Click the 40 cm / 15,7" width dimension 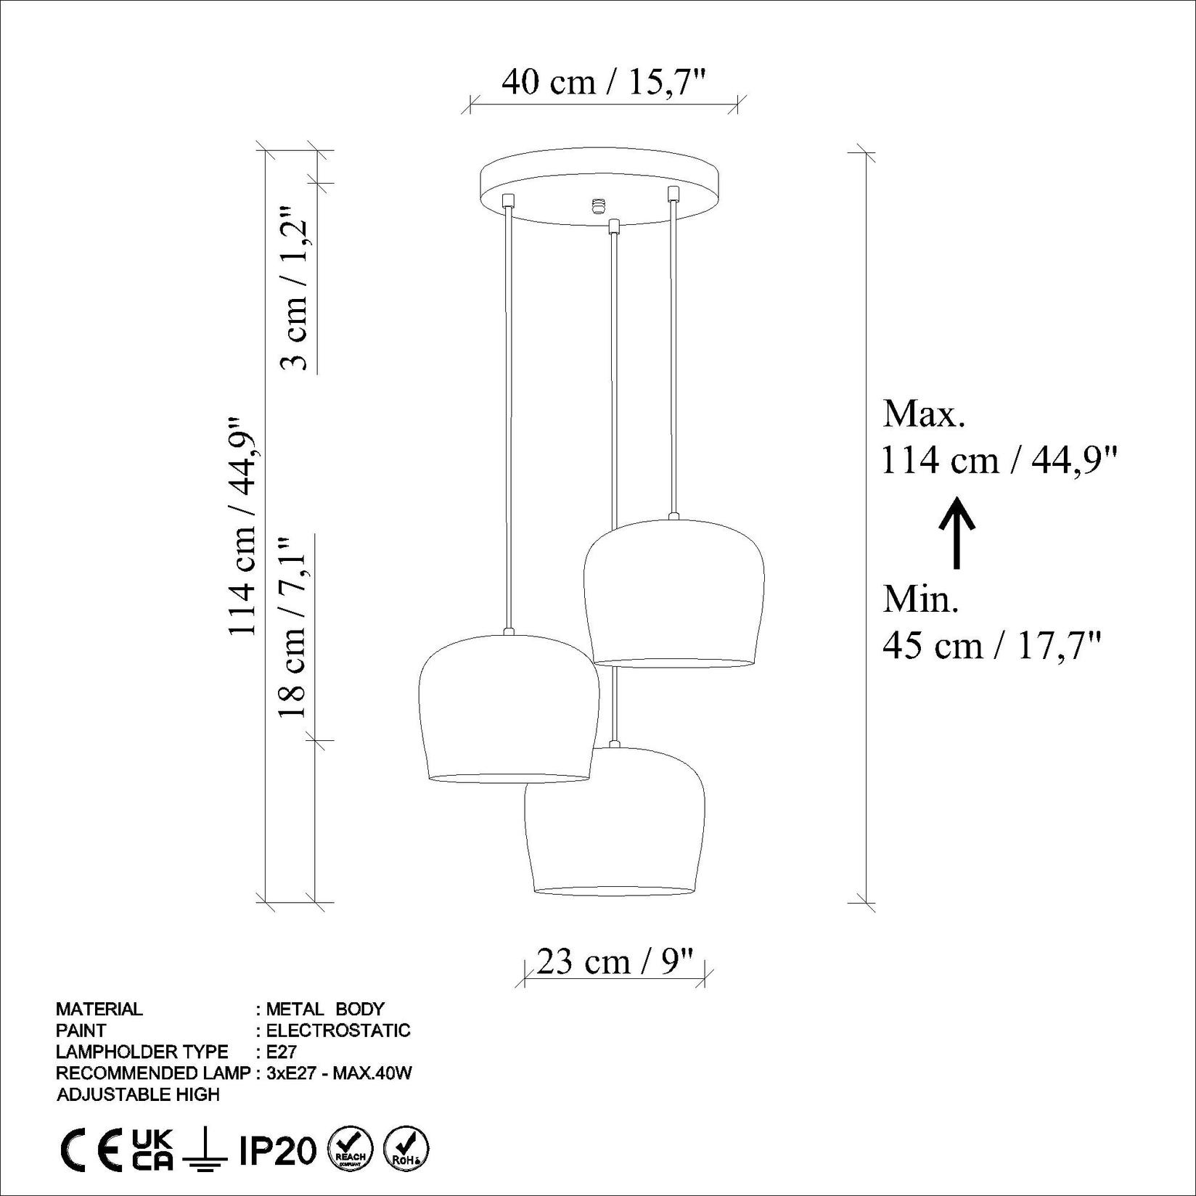(x=603, y=82)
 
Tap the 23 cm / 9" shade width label (x=615, y=962)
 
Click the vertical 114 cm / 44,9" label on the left (x=242, y=527)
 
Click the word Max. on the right (x=924, y=414)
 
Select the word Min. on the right (x=921, y=599)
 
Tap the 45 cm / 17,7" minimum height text (x=991, y=645)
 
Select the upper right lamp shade (x=674, y=592)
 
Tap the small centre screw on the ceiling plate (x=599, y=206)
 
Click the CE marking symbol (x=90, y=1151)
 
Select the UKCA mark (x=152, y=1150)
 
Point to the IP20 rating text (x=278, y=1151)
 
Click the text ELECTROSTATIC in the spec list (x=338, y=1031)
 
